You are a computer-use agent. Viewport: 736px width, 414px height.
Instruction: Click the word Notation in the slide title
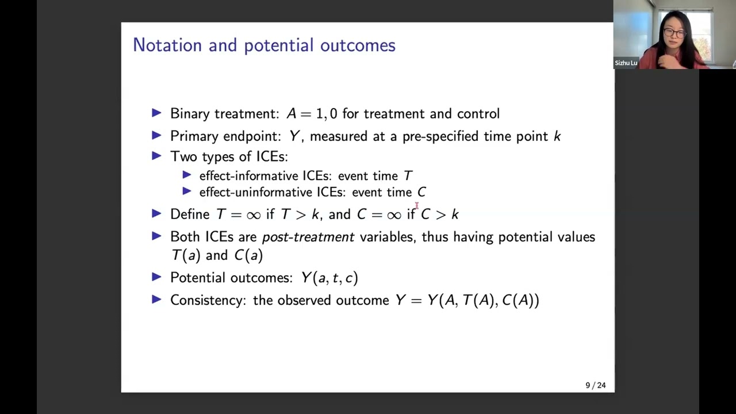[x=167, y=45]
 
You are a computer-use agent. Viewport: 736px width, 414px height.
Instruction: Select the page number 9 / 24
[x=595, y=385]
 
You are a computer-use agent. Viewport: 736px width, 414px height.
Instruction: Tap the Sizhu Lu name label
[x=626, y=63]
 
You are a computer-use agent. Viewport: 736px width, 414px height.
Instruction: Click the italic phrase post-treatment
[x=308, y=237]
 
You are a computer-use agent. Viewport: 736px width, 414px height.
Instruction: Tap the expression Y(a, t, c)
[x=329, y=278]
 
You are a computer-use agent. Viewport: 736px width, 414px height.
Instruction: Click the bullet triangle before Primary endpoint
[x=156, y=136]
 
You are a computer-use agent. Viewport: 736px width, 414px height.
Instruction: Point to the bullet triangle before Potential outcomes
[x=156, y=277]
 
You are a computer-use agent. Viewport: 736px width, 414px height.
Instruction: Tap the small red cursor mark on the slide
[x=416, y=205]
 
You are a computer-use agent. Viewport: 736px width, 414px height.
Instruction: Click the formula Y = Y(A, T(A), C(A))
[x=467, y=300]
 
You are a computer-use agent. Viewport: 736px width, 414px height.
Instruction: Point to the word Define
[x=190, y=214]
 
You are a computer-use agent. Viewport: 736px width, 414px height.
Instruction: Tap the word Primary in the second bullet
[x=194, y=136]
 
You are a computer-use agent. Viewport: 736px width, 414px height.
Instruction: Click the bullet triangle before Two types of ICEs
[x=156, y=156]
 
